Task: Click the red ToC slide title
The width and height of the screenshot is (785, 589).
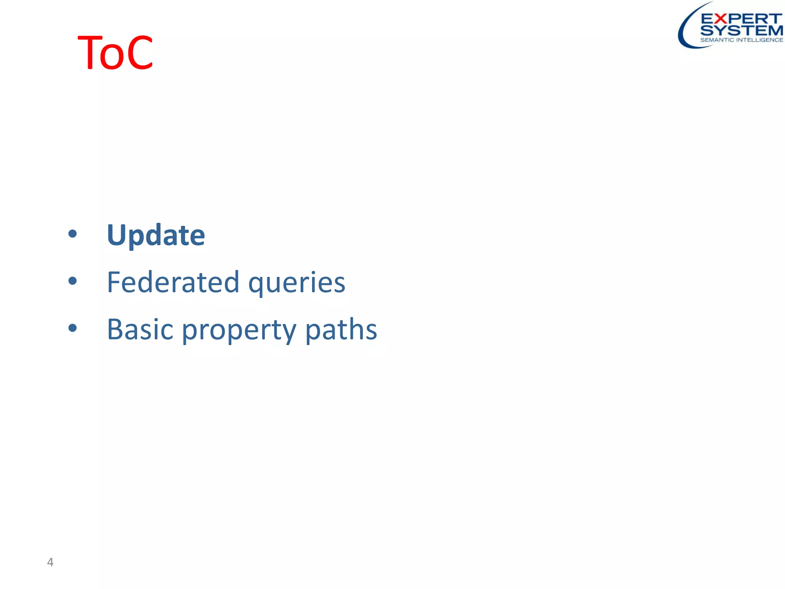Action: pyautogui.click(x=115, y=53)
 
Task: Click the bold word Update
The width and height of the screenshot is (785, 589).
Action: pyautogui.click(x=156, y=235)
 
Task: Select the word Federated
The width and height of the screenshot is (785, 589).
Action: pyautogui.click(x=173, y=282)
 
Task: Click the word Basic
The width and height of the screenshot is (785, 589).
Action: pyautogui.click(x=140, y=329)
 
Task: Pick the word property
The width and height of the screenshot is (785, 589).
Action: pyautogui.click(x=239, y=331)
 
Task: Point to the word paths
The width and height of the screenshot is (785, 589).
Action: pyautogui.click(x=341, y=329)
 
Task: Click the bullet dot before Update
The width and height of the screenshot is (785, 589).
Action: pyautogui.click(x=72, y=234)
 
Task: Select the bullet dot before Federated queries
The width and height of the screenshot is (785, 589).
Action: pyautogui.click(x=72, y=281)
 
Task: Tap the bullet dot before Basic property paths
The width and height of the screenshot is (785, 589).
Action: pyautogui.click(x=72, y=328)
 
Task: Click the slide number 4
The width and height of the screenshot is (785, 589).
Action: pyautogui.click(x=50, y=562)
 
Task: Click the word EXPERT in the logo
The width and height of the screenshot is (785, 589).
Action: pyautogui.click(x=741, y=19)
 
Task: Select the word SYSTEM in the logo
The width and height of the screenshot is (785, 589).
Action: pyautogui.click(x=741, y=31)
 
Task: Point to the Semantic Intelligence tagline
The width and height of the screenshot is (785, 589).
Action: pyautogui.click(x=741, y=40)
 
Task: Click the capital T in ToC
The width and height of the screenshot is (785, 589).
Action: pyautogui.click(x=90, y=53)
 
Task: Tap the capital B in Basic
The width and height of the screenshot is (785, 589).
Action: pyautogui.click(x=115, y=329)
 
